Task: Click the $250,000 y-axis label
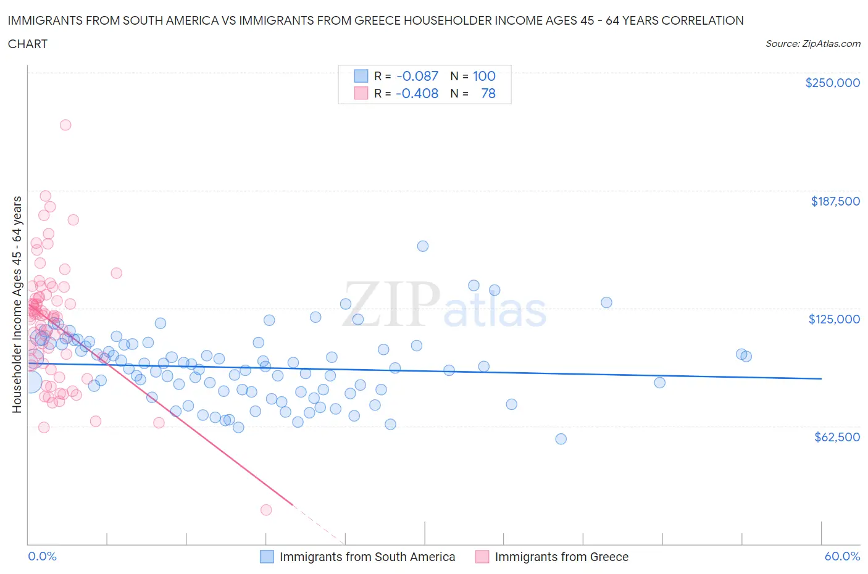tap(832, 83)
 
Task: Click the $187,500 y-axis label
tap(835, 201)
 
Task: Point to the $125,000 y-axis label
tap(834, 319)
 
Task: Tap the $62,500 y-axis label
tap(837, 437)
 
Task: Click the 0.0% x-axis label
tap(42, 556)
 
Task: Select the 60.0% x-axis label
tap(842, 556)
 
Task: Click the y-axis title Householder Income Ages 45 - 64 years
tap(17, 304)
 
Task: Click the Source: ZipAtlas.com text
tap(812, 44)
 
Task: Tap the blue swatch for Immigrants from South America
tap(267, 557)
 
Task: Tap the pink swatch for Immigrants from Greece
tap(482, 557)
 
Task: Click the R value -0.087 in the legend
tap(417, 76)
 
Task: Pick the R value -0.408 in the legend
tap(417, 93)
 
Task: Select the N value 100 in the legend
tap(484, 76)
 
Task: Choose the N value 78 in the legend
tap(488, 93)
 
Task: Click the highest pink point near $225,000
tap(65, 125)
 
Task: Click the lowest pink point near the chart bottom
tap(266, 510)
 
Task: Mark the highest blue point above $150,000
tap(423, 246)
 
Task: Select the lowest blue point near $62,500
tap(561, 439)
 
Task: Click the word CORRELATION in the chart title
tap(703, 20)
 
